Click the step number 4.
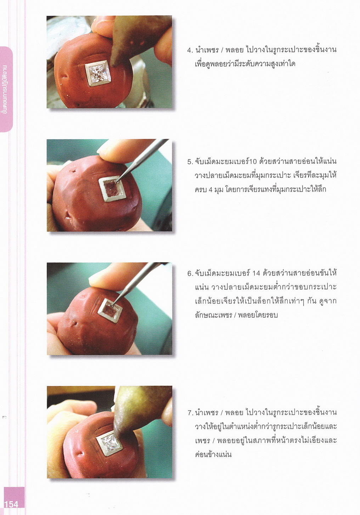(x=189, y=50)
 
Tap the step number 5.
(x=190, y=162)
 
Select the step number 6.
(x=190, y=273)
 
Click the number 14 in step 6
(x=256, y=273)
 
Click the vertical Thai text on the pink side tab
(x=5, y=90)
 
